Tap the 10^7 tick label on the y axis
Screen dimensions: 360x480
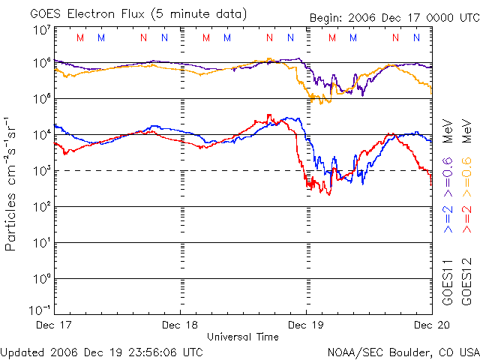click(x=42, y=30)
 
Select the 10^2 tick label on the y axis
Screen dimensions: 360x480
click(x=42, y=205)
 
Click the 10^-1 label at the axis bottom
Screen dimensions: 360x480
click(x=40, y=309)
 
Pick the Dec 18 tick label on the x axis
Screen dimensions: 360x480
click(x=181, y=325)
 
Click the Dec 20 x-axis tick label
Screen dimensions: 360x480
click(x=431, y=325)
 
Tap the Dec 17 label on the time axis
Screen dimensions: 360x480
click(x=55, y=325)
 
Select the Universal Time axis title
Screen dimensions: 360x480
click(x=243, y=337)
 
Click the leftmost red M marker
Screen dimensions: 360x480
click(x=80, y=37)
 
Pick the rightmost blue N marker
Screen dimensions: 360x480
click(x=416, y=37)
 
